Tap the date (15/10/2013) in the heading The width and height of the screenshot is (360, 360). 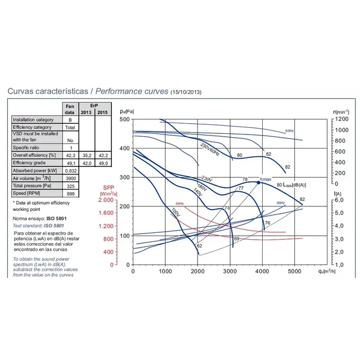[x=186, y=92]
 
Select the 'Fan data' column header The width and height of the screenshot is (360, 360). [x=70, y=109]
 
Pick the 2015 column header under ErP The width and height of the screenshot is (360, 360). [x=102, y=113]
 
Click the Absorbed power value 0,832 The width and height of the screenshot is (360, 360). [x=70, y=170]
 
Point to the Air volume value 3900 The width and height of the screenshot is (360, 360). [x=70, y=178]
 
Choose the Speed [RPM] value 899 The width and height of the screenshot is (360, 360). [x=70, y=193]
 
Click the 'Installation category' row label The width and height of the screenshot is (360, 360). [x=33, y=120]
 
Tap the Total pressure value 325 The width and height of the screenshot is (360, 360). [x=70, y=186]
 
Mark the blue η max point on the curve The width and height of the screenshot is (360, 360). [x=258, y=182]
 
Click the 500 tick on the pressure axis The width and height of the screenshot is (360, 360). [x=124, y=120]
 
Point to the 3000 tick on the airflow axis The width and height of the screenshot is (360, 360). [x=230, y=271]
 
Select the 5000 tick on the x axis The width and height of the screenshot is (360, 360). [x=295, y=271]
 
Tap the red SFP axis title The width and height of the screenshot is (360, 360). [x=108, y=190]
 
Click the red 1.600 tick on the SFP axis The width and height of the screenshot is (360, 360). [x=106, y=213]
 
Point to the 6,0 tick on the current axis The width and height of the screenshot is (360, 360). [x=340, y=200]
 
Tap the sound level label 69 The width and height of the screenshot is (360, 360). [x=237, y=239]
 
